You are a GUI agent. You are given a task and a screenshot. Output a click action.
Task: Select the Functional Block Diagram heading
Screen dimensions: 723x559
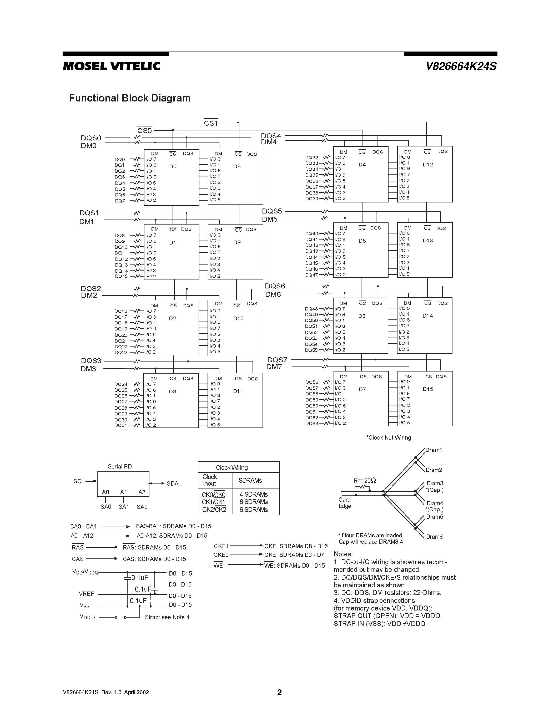point(129,98)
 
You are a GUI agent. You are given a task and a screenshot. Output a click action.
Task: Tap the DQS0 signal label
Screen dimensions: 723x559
point(91,138)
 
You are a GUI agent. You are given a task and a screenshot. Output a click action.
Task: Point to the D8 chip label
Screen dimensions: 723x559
point(237,166)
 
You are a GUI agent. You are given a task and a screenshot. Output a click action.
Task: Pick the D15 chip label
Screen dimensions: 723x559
point(428,389)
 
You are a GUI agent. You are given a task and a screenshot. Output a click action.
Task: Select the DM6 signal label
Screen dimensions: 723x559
point(273,294)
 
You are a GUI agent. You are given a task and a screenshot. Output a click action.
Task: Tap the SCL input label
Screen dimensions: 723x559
point(79,481)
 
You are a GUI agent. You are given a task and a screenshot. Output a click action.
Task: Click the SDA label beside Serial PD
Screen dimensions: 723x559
point(173,484)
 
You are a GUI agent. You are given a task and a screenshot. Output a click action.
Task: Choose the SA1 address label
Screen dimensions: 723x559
point(124,507)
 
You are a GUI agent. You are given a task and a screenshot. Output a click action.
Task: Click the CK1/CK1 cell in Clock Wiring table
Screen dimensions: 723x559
point(214,502)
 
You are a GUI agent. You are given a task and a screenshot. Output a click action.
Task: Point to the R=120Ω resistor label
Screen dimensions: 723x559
point(365,481)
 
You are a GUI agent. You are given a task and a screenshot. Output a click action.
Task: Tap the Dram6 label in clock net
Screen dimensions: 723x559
point(434,537)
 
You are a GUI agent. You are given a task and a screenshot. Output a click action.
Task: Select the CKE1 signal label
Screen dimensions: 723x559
point(221,546)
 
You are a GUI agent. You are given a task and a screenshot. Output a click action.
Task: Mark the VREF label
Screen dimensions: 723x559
point(87,594)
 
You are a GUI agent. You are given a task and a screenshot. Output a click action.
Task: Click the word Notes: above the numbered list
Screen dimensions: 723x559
point(343,554)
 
